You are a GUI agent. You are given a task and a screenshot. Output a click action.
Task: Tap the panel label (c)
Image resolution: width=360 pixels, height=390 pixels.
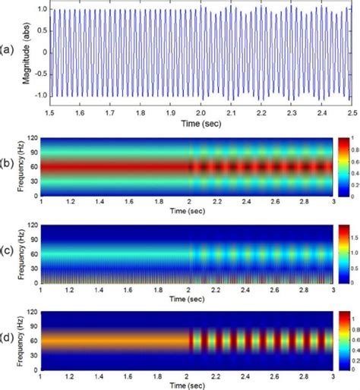(9, 252)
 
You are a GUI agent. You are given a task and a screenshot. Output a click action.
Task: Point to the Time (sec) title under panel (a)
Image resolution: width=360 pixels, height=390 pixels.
(200, 121)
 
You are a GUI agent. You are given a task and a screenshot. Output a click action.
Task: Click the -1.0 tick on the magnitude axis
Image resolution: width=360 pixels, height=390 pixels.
(39, 95)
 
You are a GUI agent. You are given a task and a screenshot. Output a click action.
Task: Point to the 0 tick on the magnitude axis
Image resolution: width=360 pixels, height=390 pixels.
(44, 52)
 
